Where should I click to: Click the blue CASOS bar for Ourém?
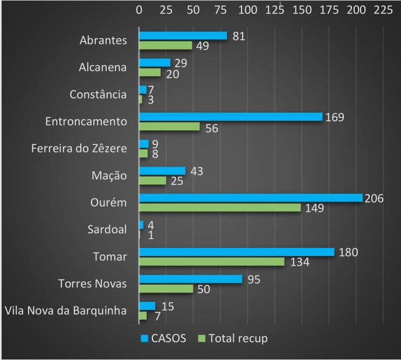click(251, 198)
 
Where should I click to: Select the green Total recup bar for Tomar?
click(212, 261)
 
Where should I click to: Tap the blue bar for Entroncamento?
click(231, 116)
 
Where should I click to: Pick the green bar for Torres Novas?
click(166, 288)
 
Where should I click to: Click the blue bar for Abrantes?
click(183, 36)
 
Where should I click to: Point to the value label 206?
click(374, 198)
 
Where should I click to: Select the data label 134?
click(296, 262)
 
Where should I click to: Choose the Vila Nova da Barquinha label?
click(65, 310)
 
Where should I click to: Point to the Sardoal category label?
click(107, 229)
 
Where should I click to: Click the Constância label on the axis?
click(98, 94)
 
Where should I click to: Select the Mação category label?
click(109, 175)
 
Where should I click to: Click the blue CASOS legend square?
click(144, 338)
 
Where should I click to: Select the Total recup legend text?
click(238, 338)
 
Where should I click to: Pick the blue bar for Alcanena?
click(155, 63)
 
